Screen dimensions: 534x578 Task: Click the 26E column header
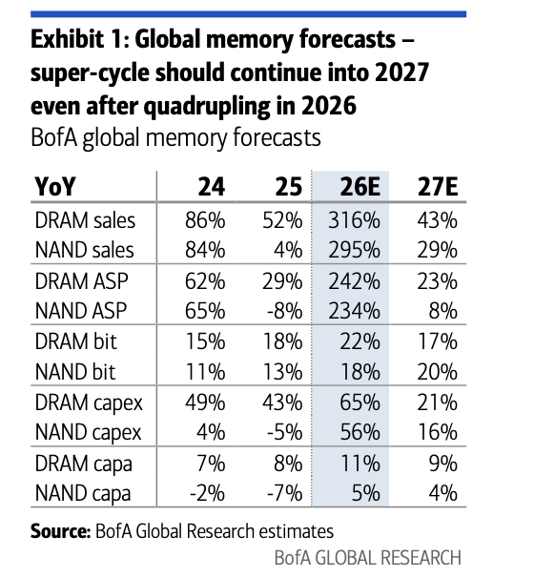[359, 187]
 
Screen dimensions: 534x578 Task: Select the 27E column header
[438, 187]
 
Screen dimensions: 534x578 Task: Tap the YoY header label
[55, 187]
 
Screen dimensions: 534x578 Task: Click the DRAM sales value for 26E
[354, 220]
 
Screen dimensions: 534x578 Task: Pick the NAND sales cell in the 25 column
[288, 250]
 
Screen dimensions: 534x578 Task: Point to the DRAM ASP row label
[81, 281]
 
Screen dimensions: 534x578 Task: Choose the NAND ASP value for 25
[285, 311]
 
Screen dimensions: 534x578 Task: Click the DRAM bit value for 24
[205, 341]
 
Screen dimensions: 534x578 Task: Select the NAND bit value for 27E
[438, 372]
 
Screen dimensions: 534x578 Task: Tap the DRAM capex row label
[89, 403]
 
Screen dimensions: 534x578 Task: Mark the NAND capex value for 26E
[359, 432]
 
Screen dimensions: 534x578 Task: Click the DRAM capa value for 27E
[443, 463]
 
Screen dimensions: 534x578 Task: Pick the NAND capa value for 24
[207, 493]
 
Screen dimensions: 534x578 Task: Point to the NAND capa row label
[83, 494]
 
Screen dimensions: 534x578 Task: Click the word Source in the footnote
[60, 531]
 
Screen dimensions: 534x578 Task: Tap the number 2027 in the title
[402, 72]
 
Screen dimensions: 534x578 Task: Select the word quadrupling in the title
[207, 106]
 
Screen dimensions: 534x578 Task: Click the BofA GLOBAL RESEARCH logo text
[368, 558]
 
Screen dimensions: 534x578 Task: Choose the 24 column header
[211, 187]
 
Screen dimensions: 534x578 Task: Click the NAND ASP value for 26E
[354, 311]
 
